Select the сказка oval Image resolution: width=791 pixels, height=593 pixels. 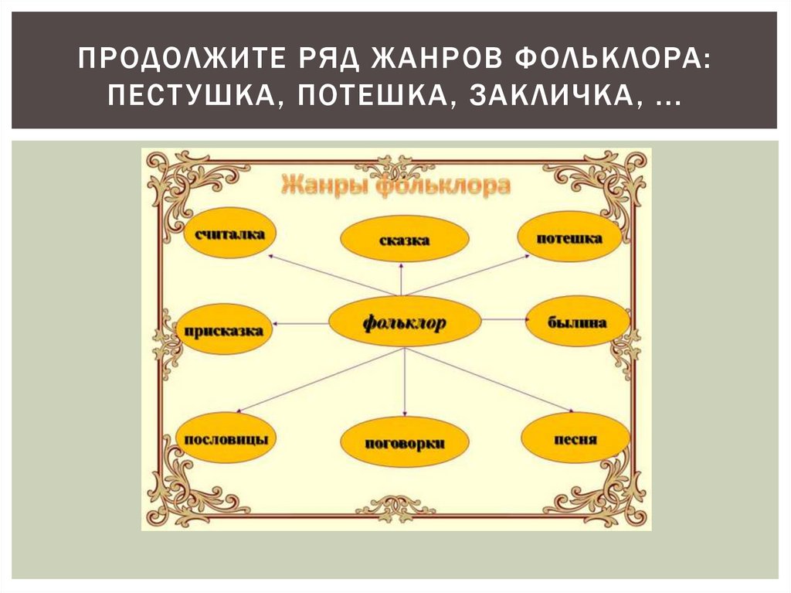coord(404,240)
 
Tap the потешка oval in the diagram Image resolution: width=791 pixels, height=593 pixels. coord(569,237)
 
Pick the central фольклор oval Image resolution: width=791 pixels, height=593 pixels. coord(405,322)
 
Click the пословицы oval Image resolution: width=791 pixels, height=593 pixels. coord(226,438)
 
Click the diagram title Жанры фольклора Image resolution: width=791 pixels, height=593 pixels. coord(395,186)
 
